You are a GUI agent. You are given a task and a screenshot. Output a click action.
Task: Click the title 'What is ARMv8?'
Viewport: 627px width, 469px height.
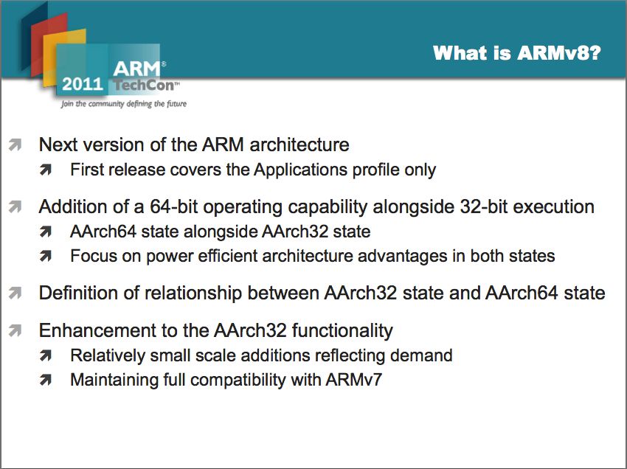516,53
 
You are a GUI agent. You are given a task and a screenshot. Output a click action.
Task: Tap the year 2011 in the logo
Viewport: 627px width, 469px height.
83,84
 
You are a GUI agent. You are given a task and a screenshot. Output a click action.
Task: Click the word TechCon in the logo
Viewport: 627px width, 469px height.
144,85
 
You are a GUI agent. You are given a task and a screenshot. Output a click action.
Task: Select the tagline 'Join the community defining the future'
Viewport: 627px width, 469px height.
124,104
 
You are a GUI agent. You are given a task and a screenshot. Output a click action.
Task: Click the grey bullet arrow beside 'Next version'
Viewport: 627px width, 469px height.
15,145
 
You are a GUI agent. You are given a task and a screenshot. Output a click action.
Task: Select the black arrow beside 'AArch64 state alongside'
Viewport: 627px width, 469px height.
46,232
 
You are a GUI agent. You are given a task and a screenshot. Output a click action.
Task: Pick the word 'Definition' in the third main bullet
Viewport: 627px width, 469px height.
78,293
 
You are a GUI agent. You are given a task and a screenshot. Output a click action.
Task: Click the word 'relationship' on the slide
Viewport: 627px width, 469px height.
193,293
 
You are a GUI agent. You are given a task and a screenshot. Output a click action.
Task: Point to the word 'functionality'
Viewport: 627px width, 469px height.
342,331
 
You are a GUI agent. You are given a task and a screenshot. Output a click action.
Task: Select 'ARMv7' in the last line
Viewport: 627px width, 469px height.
353,380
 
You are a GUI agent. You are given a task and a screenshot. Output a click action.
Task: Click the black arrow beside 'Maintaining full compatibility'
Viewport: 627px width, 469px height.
46,380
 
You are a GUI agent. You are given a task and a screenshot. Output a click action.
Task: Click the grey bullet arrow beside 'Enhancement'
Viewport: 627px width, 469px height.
15,330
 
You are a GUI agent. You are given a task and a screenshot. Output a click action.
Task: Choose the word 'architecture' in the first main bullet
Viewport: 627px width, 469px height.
299,145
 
